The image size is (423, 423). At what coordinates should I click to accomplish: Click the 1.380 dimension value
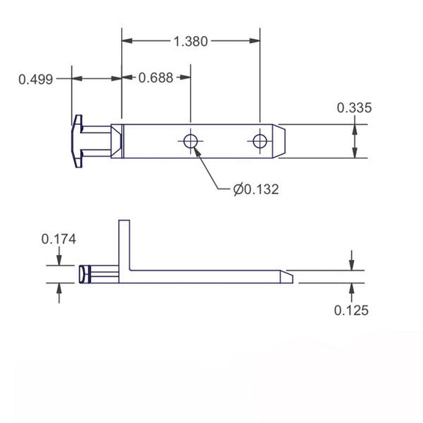click(x=191, y=41)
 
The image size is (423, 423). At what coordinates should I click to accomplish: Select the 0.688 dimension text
click(x=156, y=77)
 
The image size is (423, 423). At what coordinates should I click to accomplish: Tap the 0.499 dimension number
click(x=35, y=79)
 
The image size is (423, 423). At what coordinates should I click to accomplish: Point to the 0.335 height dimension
click(x=355, y=108)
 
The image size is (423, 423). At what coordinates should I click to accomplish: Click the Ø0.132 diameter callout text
click(x=256, y=189)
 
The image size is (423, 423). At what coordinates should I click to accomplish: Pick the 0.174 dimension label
click(x=59, y=239)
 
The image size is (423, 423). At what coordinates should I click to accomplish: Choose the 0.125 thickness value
click(x=352, y=310)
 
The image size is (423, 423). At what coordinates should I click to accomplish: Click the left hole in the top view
click(x=191, y=140)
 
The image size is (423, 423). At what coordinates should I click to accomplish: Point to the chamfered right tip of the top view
click(x=283, y=140)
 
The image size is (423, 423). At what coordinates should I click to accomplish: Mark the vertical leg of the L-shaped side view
click(x=123, y=242)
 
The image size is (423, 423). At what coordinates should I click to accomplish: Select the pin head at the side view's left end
click(x=83, y=274)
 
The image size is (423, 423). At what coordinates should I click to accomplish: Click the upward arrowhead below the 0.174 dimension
click(x=59, y=288)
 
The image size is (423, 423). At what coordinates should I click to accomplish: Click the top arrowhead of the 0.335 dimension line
click(x=355, y=129)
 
